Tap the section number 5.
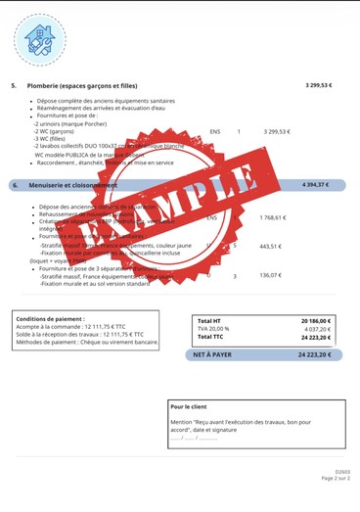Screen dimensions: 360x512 coord(15,85)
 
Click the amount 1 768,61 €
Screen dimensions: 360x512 coord(273,217)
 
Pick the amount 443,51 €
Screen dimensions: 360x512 coord(270,246)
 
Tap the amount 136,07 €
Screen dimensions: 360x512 coord(270,276)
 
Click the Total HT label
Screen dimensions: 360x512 coord(209,320)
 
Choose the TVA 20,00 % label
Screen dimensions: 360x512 coord(215,329)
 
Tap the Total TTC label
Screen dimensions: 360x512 coord(210,337)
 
